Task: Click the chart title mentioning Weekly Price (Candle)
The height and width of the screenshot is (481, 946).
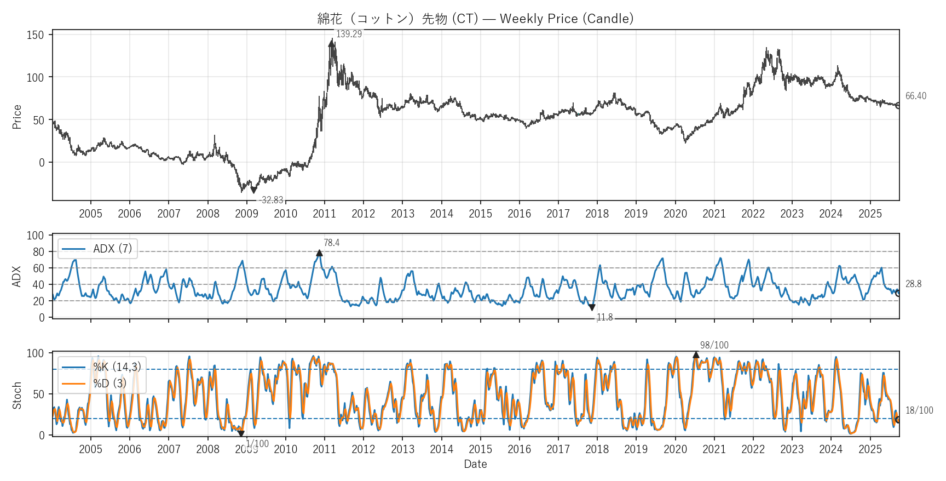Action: pyautogui.click(x=475, y=19)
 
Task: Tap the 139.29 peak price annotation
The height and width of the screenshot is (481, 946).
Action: pyautogui.click(x=349, y=34)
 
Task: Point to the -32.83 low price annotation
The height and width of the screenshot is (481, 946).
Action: pyautogui.click(x=271, y=200)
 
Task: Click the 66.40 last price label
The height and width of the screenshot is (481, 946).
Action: pyautogui.click(x=915, y=96)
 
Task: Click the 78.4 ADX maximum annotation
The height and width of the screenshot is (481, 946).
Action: pyautogui.click(x=331, y=243)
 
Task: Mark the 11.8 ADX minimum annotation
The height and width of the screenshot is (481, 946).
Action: pyautogui.click(x=604, y=317)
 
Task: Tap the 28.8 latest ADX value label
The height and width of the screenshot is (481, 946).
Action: pyautogui.click(x=913, y=284)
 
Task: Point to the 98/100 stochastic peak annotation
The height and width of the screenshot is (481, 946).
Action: pyautogui.click(x=714, y=345)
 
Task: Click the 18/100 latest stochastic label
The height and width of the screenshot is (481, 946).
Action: pyautogui.click(x=919, y=410)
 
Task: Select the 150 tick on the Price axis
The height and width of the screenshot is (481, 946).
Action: pyautogui.click(x=35, y=35)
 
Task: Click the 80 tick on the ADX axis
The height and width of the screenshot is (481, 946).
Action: pyautogui.click(x=38, y=252)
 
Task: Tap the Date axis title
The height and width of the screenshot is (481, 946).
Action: pyautogui.click(x=475, y=464)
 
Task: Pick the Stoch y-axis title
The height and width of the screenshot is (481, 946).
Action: pyautogui.click(x=17, y=395)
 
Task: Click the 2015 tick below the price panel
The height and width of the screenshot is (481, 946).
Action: pyautogui.click(x=480, y=214)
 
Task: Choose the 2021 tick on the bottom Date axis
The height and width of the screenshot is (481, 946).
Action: pyautogui.click(x=714, y=449)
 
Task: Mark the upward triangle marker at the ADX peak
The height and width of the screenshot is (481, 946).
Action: pyautogui.click(x=319, y=253)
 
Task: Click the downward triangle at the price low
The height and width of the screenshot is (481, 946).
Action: pyautogui.click(x=253, y=190)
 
